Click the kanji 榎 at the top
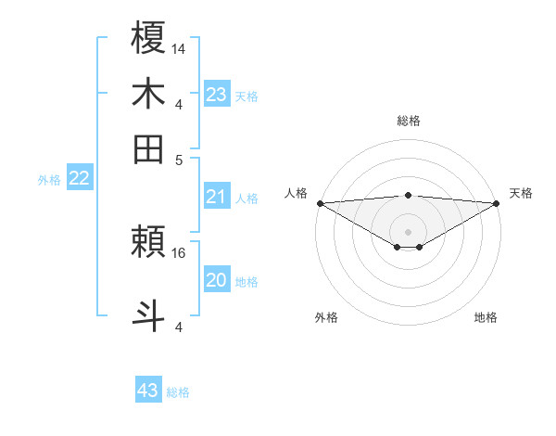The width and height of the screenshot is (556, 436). coord(149,38)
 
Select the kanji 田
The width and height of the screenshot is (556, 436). coord(149,148)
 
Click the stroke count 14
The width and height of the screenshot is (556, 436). coord(178,47)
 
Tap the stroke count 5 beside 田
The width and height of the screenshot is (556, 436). coord(179,158)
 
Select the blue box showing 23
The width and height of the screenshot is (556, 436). coord(216,94)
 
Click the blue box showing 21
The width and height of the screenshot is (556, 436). coord(216,196)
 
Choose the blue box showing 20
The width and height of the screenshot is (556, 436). coord(216,280)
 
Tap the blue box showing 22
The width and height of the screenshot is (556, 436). coord(79,178)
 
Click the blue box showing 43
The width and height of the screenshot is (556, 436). coord(148,391)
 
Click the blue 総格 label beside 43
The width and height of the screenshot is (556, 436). coord(178,392)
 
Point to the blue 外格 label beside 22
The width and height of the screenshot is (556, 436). coord(49,180)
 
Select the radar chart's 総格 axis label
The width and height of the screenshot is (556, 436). coord(408,121)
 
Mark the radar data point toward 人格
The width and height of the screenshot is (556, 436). coord(320,203)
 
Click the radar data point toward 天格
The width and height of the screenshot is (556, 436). coord(496,203)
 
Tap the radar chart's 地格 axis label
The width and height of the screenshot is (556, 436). coord(486,318)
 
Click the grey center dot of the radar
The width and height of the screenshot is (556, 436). coord(408,231)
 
